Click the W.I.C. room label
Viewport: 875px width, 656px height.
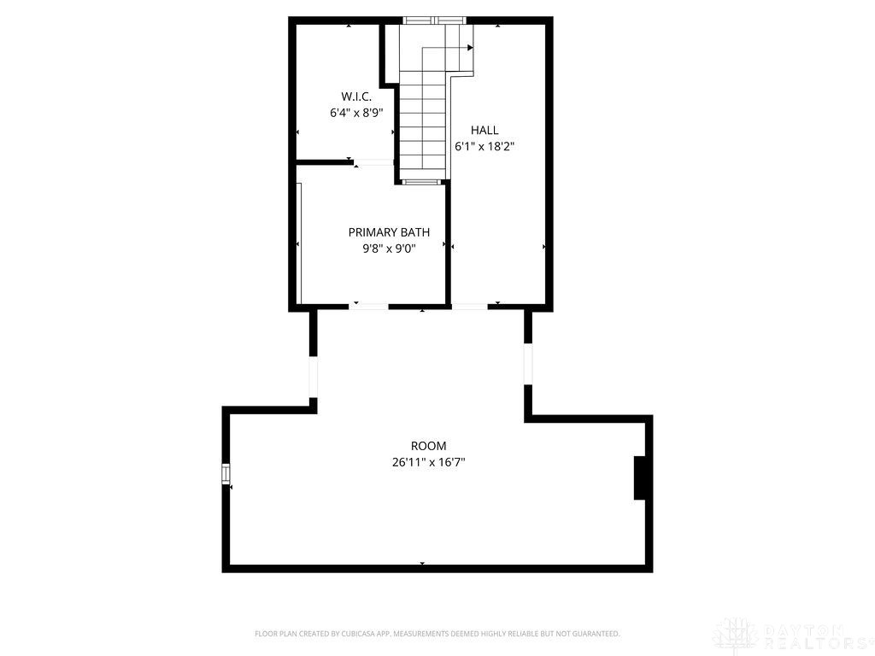tap(356, 97)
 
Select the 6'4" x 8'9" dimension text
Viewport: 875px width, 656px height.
tap(356, 114)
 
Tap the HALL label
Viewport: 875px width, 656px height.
tap(484, 131)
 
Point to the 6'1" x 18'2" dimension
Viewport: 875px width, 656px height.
tap(484, 147)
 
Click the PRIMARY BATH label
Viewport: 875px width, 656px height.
tap(389, 232)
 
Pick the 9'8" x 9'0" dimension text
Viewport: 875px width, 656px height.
tap(389, 249)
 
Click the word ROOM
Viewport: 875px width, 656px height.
tap(429, 446)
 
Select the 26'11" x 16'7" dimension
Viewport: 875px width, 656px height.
tap(429, 462)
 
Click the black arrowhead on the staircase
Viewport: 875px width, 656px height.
tap(470, 48)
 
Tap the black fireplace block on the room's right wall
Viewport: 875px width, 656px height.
tap(639, 478)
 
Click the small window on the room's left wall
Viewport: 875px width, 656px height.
tap(226, 473)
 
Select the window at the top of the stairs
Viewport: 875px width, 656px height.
tap(434, 20)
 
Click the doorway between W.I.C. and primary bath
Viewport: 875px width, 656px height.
tap(374, 162)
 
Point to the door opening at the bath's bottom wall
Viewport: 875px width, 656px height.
tap(369, 307)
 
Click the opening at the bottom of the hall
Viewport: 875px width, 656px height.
tap(469, 307)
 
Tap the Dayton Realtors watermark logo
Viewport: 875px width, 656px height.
tap(792, 635)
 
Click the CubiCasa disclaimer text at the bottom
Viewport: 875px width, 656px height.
tap(437, 634)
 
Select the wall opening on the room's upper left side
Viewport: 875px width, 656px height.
tap(313, 377)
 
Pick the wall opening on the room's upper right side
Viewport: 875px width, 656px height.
tap(528, 363)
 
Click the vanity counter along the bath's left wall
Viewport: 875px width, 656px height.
tap(299, 243)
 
